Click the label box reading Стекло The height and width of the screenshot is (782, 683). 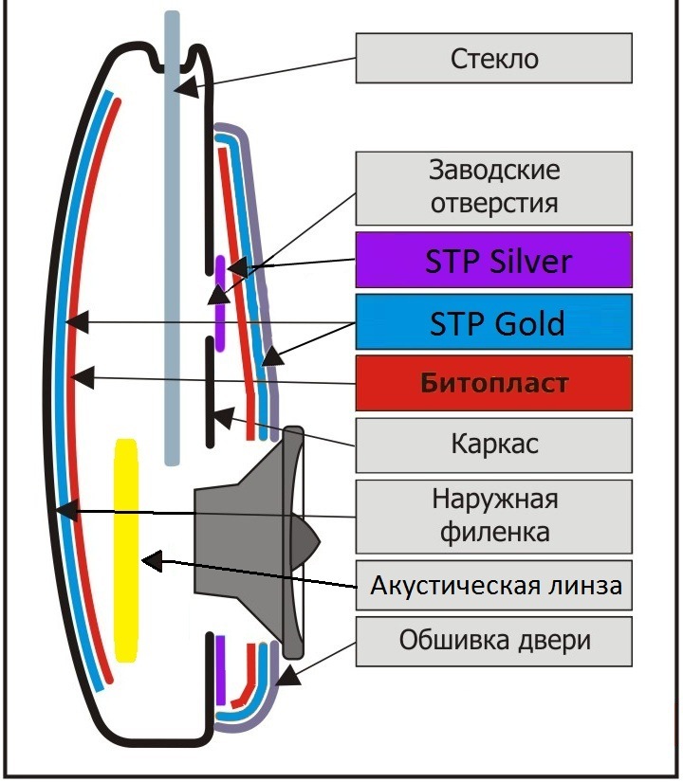493,59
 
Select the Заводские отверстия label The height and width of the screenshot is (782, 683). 493,187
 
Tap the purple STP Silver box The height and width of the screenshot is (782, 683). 493,260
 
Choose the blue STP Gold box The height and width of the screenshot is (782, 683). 493,322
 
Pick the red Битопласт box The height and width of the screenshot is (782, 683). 493,383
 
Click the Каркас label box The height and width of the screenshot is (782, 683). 493,444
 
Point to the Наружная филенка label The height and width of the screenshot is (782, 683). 493,516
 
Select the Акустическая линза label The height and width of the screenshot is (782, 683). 493,586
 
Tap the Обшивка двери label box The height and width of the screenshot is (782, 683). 493,641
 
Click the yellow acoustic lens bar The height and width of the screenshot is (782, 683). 125,550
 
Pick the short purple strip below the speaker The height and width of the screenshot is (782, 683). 220,669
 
